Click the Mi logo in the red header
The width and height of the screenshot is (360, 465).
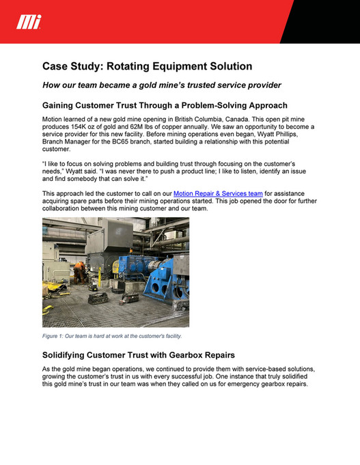(x=29, y=23)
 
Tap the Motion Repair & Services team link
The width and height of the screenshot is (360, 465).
(x=218, y=195)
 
